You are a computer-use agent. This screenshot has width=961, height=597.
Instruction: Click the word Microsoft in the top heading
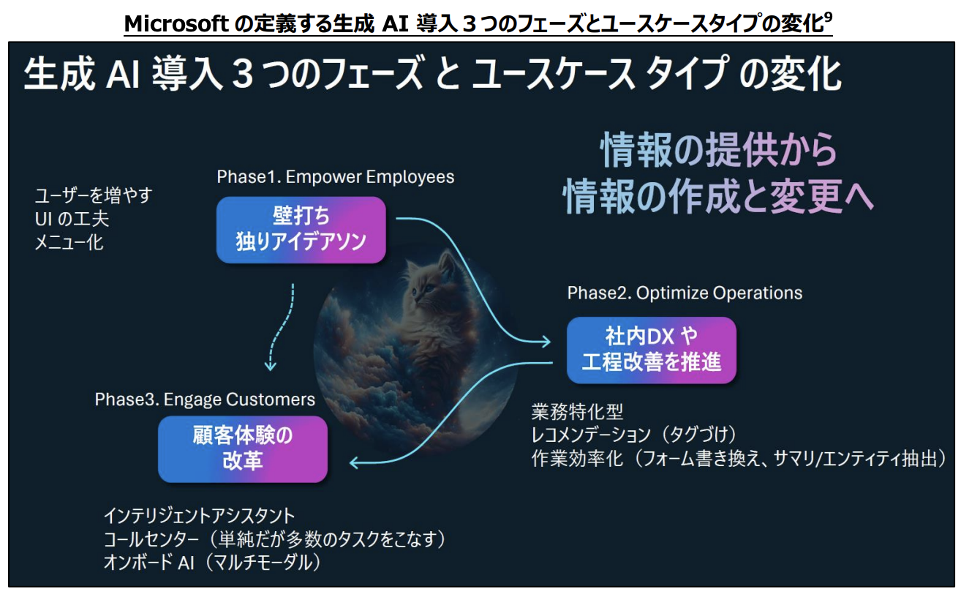(x=176, y=23)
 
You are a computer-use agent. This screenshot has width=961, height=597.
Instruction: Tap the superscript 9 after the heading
(x=828, y=17)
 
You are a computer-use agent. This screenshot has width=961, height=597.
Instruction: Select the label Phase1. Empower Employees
(x=335, y=177)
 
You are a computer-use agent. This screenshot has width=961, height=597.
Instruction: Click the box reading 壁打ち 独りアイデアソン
(x=301, y=230)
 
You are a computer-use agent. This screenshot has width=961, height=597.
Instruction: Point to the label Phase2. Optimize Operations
(x=685, y=293)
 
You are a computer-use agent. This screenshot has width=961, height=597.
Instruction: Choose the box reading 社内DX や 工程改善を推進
(x=651, y=350)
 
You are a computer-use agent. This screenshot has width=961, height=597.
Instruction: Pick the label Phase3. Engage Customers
(x=205, y=399)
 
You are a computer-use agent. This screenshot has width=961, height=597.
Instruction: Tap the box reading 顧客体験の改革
(x=242, y=449)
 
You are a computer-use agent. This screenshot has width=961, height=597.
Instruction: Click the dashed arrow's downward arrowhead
(x=271, y=365)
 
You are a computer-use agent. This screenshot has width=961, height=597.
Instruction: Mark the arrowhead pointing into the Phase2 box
(x=546, y=342)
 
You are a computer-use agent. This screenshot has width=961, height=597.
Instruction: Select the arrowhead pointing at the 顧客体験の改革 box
(x=355, y=462)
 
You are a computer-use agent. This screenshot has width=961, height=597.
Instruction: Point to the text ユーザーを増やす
(x=94, y=196)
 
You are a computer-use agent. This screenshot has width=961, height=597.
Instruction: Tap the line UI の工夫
(x=72, y=219)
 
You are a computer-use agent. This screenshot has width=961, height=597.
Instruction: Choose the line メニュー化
(x=69, y=243)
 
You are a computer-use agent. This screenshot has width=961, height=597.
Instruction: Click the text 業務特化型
(x=577, y=412)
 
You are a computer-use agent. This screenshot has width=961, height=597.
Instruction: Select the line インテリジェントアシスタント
(x=200, y=516)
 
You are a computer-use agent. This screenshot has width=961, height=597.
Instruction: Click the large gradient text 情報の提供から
(x=719, y=149)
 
